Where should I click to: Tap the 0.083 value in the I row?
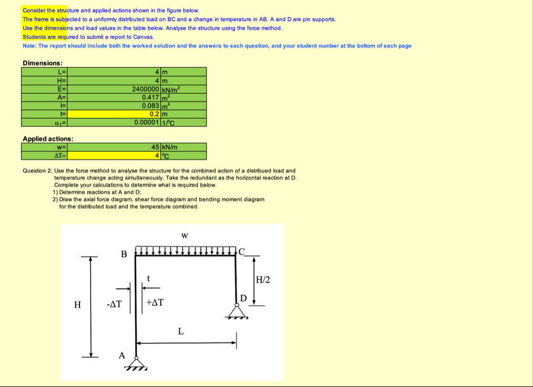point(151,105)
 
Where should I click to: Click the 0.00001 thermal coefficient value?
point(147,122)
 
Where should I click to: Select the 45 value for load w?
point(155,147)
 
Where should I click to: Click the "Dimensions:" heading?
point(42,63)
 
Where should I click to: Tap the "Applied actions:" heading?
point(48,139)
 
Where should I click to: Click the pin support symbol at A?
point(136,362)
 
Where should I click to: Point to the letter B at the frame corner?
point(124,254)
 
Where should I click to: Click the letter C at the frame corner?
point(242,252)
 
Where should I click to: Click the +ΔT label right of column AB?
point(155,303)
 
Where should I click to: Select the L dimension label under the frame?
point(180,331)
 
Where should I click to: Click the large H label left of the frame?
point(77,305)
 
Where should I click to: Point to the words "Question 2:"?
point(37,170)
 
